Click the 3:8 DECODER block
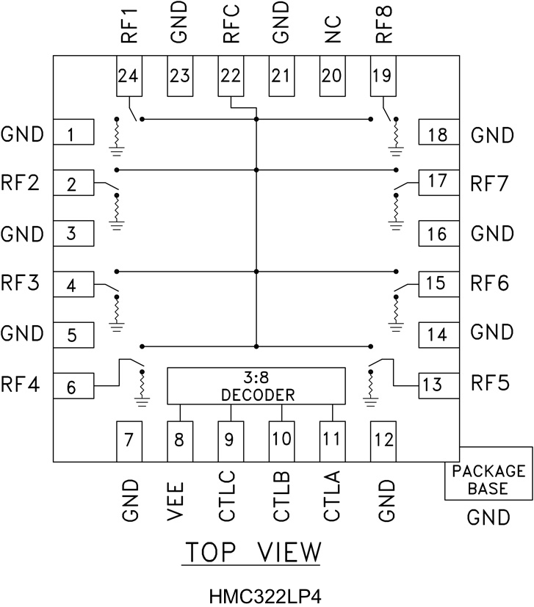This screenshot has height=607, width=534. [257, 385]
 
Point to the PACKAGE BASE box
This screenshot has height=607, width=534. [488, 479]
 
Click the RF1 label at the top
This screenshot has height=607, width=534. [130, 26]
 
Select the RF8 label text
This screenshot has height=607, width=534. [382, 26]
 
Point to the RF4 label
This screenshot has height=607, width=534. [21, 383]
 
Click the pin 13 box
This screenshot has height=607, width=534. [438, 383]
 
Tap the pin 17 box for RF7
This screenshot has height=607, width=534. [438, 182]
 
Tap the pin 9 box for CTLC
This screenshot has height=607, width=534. [231, 440]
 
